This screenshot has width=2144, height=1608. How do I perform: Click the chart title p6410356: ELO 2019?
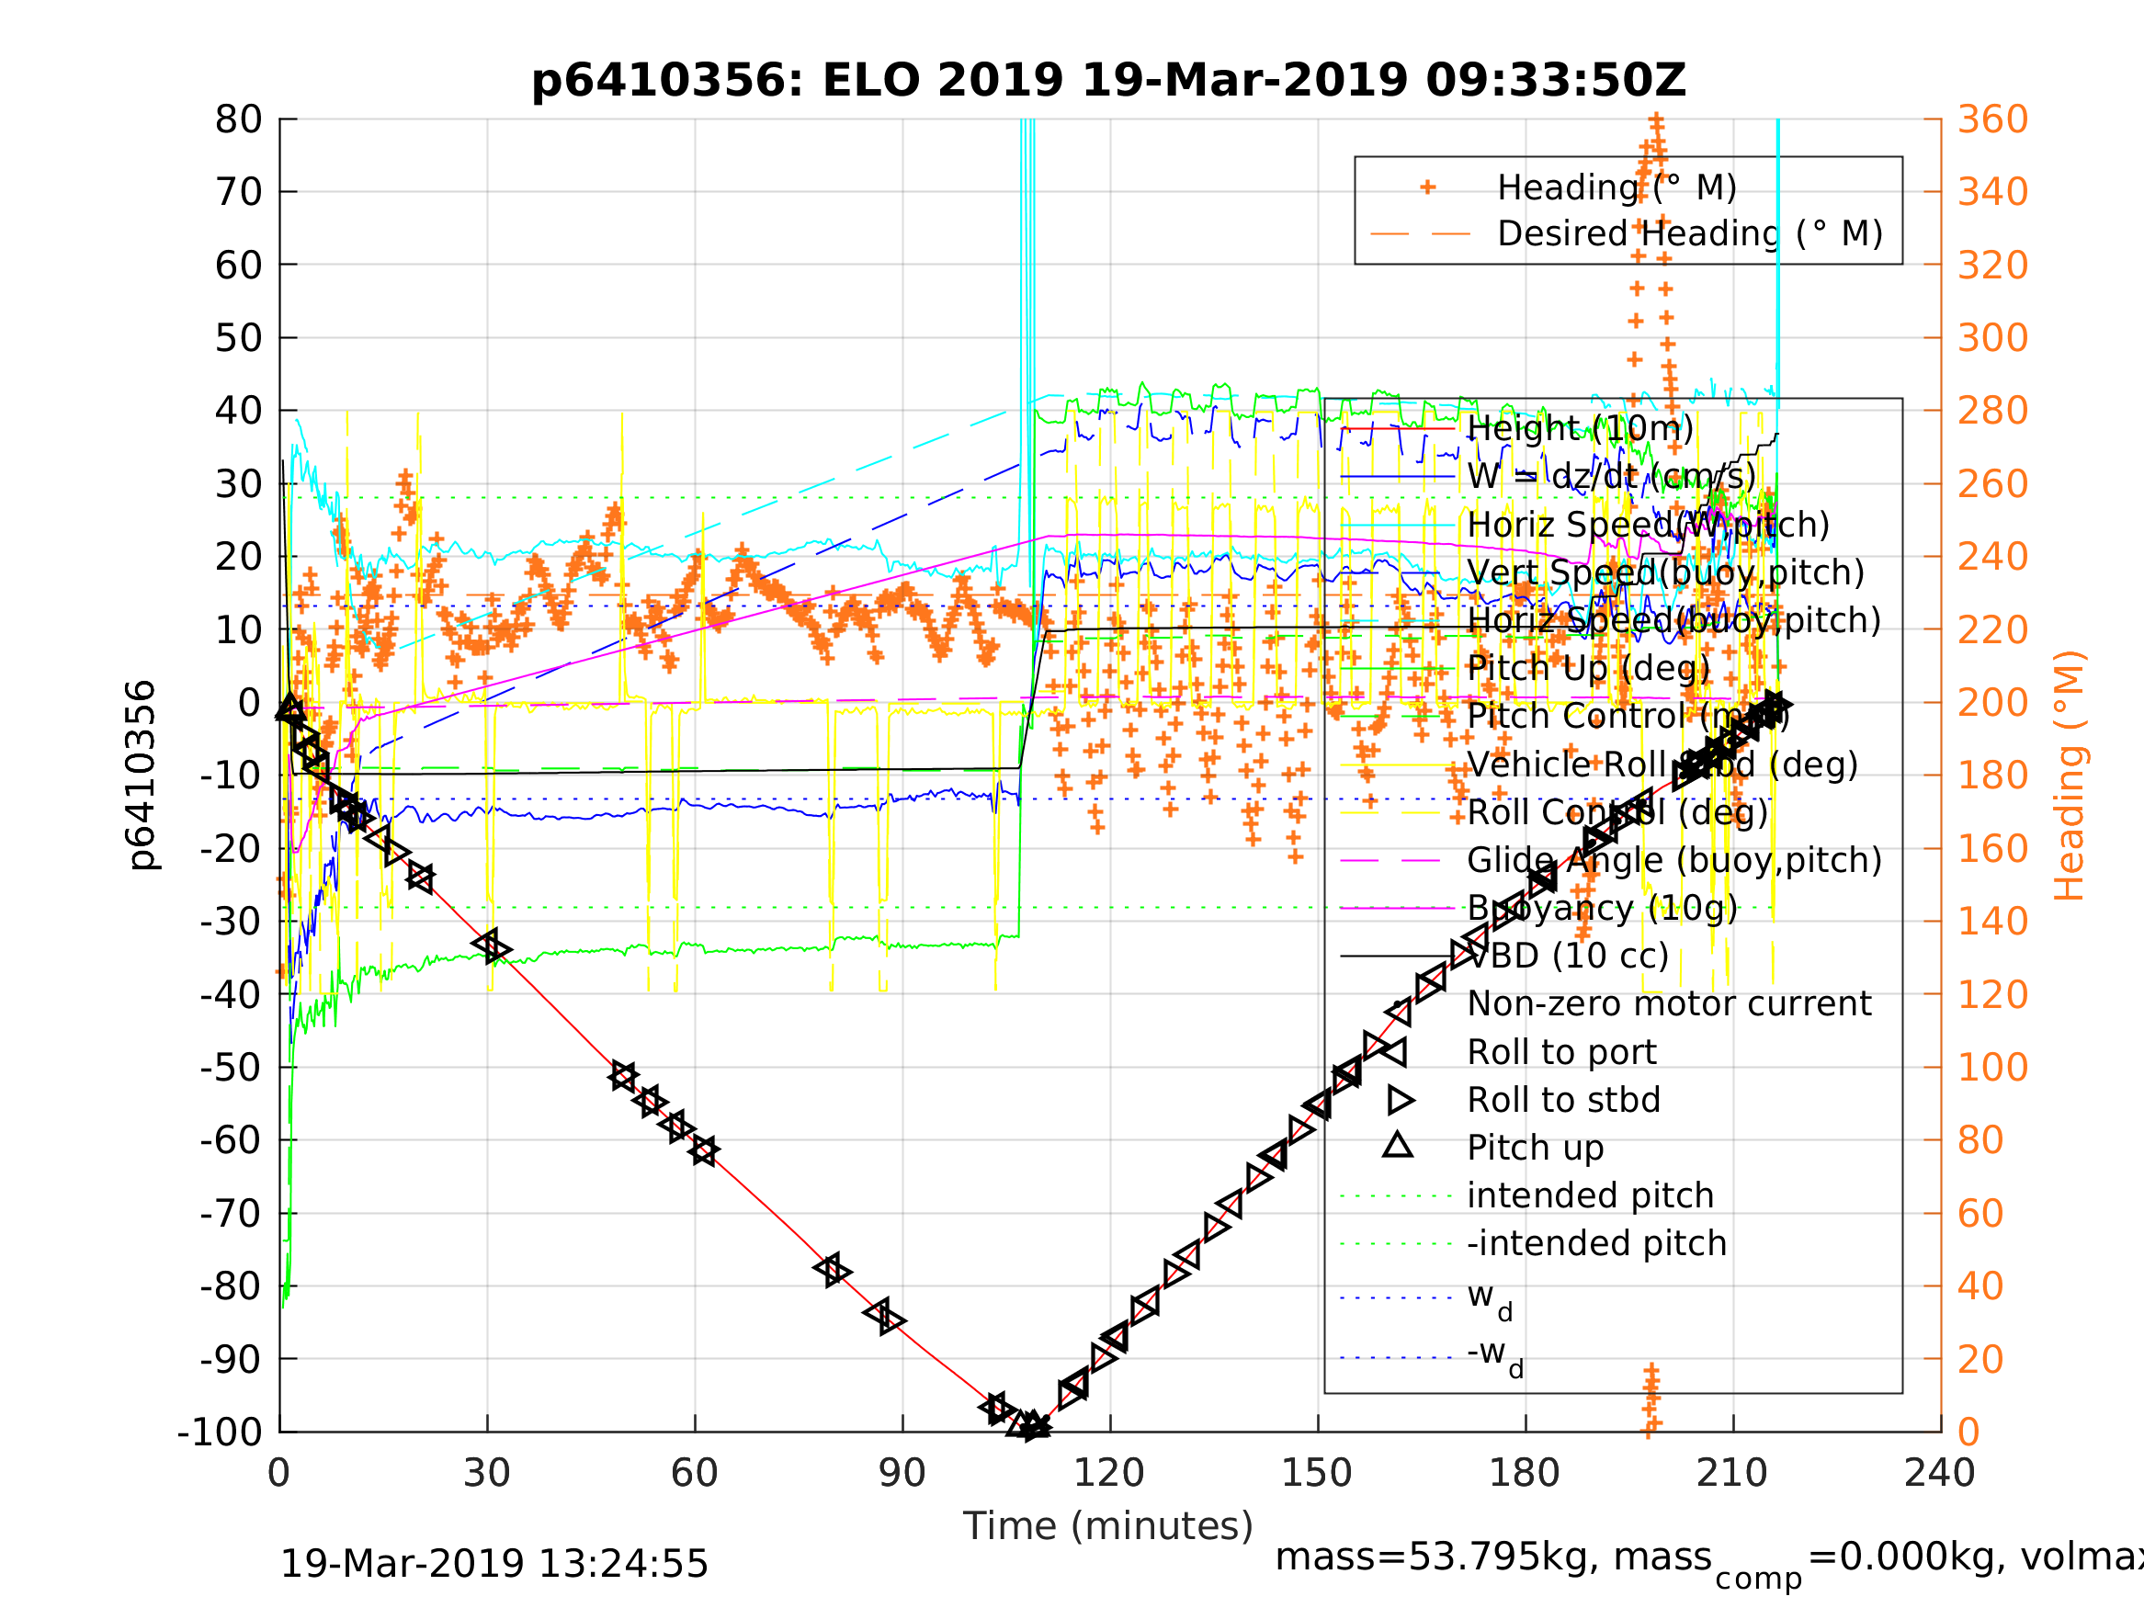(x=1108, y=81)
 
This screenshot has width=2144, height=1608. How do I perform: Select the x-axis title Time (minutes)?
(x=1108, y=1526)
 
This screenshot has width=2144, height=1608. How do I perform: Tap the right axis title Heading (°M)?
(x=2069, y=776)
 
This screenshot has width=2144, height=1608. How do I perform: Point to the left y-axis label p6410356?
(x=142, y=776)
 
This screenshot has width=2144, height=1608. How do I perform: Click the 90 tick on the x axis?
(x=902, y=1473)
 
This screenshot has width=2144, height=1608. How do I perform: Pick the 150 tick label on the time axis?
(x=1317, y=1473)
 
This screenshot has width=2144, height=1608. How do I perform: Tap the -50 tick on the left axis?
(x=231, y=1067)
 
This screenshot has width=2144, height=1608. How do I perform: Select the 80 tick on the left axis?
(x=238, y=120)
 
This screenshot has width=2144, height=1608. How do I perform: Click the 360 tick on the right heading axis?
(x=1992, y=120)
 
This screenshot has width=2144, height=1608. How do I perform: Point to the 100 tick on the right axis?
(x=1992, y=1067)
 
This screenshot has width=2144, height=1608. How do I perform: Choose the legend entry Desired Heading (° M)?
(x=1689, y=233)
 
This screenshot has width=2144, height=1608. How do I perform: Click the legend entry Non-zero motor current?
(x=1669, y=1004)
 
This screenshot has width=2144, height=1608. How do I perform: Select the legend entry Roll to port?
(x=1561, y=1053)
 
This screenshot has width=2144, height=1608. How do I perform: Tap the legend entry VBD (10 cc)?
(x=1567, y=957)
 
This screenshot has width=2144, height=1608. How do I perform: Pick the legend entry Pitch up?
(x=1536, y=1148)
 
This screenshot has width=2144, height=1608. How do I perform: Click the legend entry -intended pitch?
(x=1596, y=1243)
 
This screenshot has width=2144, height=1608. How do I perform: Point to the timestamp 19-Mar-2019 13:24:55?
(x=493, y=1565)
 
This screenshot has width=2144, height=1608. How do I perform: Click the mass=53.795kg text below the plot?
(x=1492, y=1557)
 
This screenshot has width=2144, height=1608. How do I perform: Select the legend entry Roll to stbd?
(x=1563, y=1100)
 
